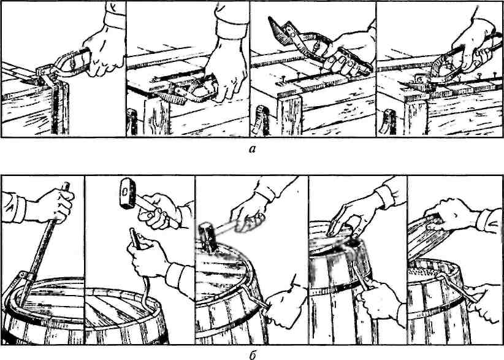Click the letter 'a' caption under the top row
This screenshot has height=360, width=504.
tap(253, 149)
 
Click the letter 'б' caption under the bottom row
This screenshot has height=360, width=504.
tap(253, 355)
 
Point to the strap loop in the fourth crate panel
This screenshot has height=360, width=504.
tap(387, 122)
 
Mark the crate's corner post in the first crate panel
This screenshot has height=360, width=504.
tap(60, 108)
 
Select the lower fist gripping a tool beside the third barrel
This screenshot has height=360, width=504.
tap(283, 308)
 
